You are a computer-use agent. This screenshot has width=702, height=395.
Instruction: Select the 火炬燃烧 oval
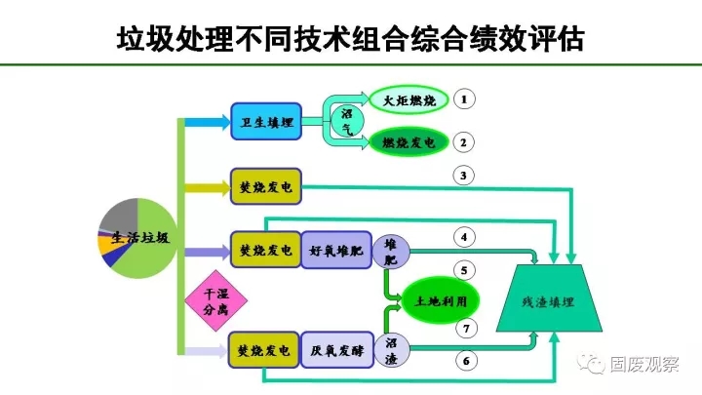pyautogui.click(x=408, y=100)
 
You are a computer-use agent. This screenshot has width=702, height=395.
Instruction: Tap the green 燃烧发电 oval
pyautogui.click(x=408, y=142)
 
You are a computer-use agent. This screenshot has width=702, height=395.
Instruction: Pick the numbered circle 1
pyautogui.click(x=465, y=100)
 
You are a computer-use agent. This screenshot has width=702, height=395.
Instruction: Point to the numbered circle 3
pyautogui.click(x=465, y=177)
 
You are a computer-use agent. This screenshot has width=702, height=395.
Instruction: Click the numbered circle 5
pyautogui.click(x=465, y=270)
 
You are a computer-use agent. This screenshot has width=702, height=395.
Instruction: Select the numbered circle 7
pyautogui.click(x=465, y=328)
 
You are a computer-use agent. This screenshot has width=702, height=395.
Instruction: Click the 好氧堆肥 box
pyautogui.click(x=335, y=250)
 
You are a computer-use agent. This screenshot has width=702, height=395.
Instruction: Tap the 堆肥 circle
pyautogui.click(x=392, y=250)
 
